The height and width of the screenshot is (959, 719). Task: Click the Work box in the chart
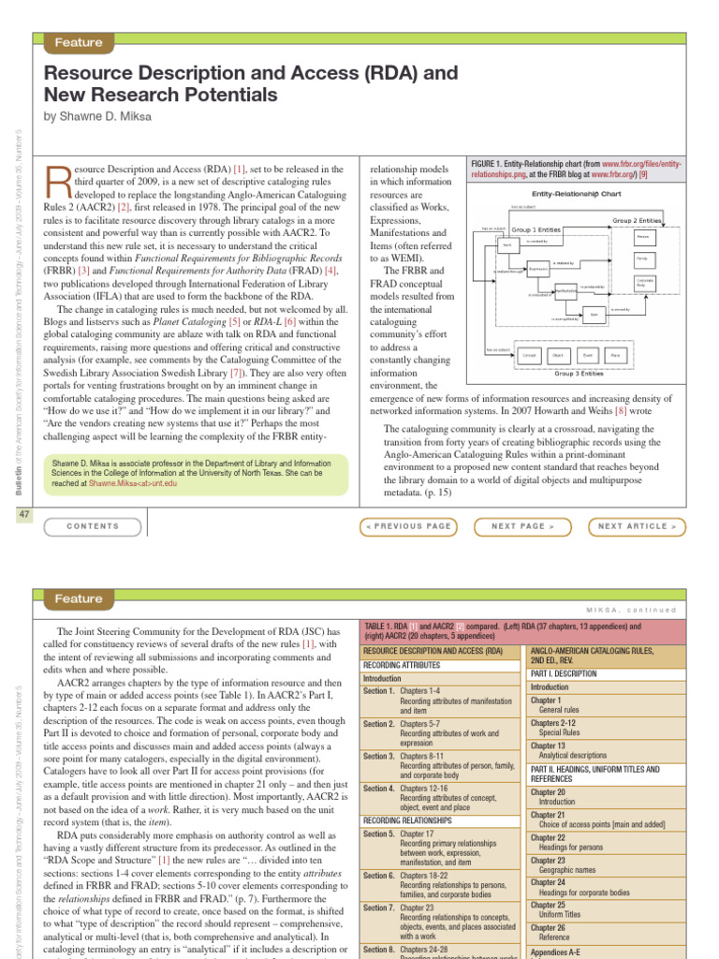(x=506, y=245)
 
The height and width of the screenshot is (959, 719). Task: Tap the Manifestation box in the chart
(x=566, y=291)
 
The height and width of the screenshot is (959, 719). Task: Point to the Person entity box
(x=642, y=237)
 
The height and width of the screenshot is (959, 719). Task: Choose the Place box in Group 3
(x=615, y=356)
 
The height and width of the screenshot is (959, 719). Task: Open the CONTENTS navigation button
(x=94, y=526)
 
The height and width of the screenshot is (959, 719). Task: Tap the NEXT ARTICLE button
(x=637, y=526)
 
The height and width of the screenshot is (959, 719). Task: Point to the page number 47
(x=23, y=515)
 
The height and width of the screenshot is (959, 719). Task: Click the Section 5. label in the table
(x=378, y=833)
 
